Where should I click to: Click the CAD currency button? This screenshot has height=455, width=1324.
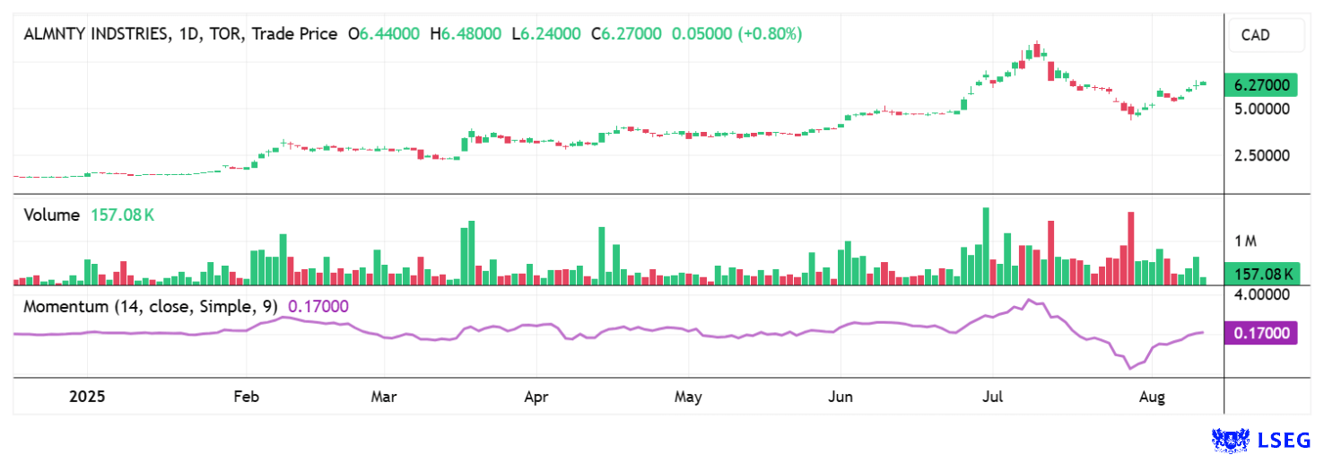pyautogui.click(x=1266, y=36)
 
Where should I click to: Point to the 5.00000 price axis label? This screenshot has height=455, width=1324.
pyautogui.click(x=1262, y=109)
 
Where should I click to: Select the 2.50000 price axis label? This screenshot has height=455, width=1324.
pyautogui.click(x=1262, y=155)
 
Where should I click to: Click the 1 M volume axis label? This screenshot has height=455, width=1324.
pyautogui.click(x=1245, y=241)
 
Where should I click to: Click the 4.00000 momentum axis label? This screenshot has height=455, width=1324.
pyautogui.click(x=1262, y=294)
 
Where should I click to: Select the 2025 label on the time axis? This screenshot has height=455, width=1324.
pyautogui.click(x=87, y=396)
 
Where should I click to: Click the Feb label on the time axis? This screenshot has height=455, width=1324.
pyautogui.click(x=246, y=396)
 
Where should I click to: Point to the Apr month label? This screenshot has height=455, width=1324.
pyautogui.click(x=536, y=396)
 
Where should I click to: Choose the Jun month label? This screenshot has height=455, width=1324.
pyautogui.click(x=841, y=396)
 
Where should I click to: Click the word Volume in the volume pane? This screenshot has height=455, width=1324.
pyautogui.click(x=52, y=215)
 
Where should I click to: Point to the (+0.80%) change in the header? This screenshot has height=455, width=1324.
pyautogui.click(x=770, y=34)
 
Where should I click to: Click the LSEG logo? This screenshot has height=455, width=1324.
pyautogui.click(x=1260, y=439)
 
